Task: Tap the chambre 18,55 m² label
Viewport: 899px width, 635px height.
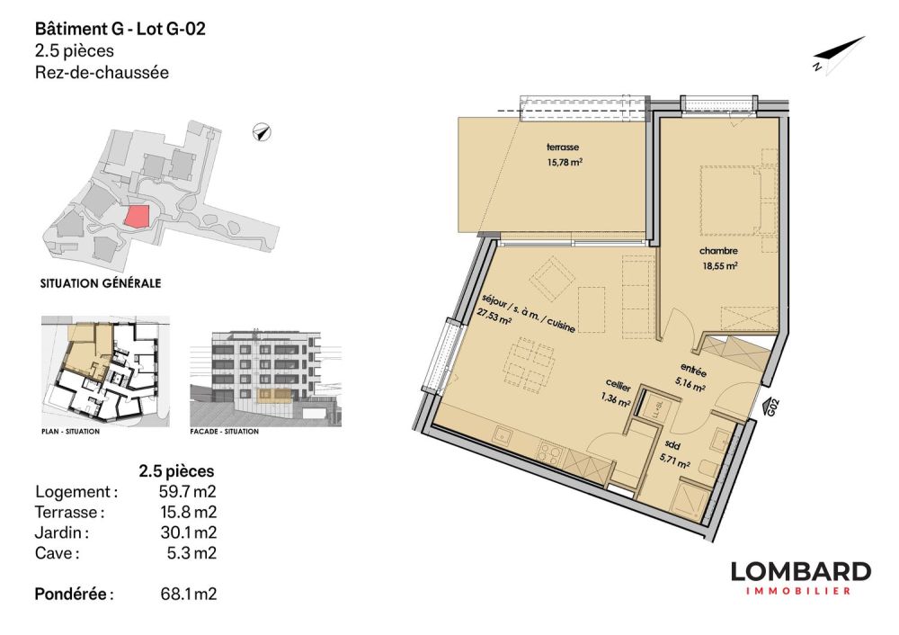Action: click(718, 259)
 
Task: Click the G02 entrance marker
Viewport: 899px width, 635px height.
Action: click(770, 407)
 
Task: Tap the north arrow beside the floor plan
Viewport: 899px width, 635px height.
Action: click(838, 54)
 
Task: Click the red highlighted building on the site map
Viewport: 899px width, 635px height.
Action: click(136, 216)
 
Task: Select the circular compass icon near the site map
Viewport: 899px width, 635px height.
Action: click(262, 133)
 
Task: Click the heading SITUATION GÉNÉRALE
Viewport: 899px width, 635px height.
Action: click(101, 282)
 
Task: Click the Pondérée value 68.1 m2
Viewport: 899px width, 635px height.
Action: click(188, 595)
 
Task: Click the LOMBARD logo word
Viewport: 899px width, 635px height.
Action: click(800, 572)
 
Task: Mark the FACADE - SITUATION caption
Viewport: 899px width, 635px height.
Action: click(225, 432)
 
